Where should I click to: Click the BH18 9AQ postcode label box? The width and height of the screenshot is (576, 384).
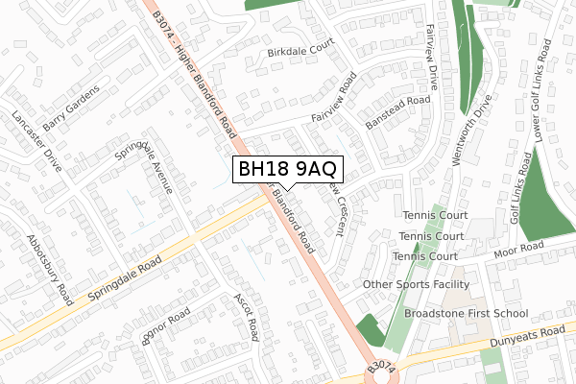pyautogui.click(x=286, y=169)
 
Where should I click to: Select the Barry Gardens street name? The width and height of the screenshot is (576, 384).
pyautogui.click(x=70, y=99)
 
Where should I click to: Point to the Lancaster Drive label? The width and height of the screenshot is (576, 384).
pyautogui.click(x=36, y=142)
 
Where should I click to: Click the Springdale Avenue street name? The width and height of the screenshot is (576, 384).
pyautogui.click(x=143, y=164)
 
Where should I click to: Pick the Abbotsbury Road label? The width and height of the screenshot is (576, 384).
pyautogui.click(x=50, y=268)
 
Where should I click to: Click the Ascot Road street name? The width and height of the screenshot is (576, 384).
pyautogui.click(x=247, y=318)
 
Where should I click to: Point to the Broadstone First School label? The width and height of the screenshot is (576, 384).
pyautogui.click(x=467, y=313)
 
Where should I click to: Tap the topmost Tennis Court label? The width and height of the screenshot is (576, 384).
pyautogui.click(x=434, y=215)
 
